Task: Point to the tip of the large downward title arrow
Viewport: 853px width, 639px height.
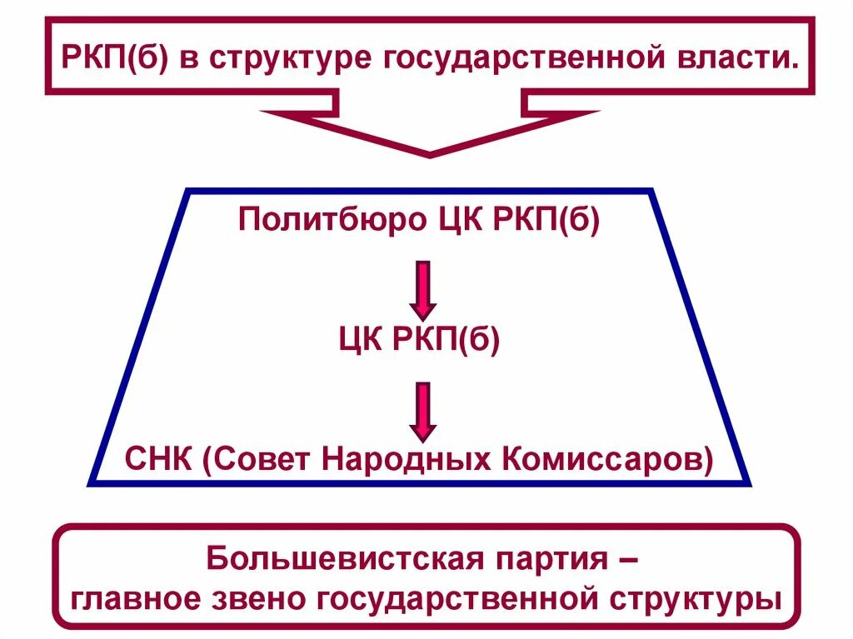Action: (430, 153)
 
